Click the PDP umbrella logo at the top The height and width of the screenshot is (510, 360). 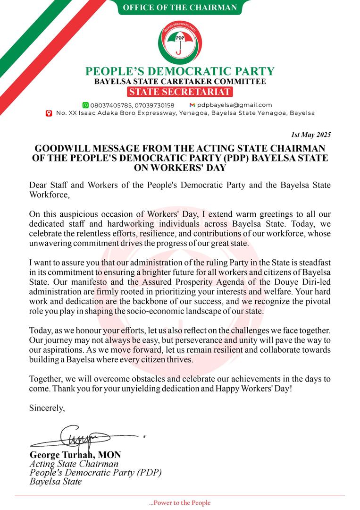pos(179,41)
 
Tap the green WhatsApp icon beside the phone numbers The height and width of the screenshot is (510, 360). pos(85,105)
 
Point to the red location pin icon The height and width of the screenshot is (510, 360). pos(49,113)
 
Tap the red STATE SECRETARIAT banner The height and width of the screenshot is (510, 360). pos(180,92)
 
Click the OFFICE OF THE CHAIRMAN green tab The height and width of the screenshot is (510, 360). pos(180,8)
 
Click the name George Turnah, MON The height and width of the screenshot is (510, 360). pos(75,455)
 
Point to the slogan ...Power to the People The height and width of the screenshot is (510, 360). pos(180,503)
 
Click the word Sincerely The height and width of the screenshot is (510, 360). pos(47,407)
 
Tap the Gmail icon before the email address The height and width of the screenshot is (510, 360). pos(192,105)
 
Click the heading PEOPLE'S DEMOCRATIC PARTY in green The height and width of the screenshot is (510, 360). pos(180,71)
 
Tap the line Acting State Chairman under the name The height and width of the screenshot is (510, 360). pos(67,464)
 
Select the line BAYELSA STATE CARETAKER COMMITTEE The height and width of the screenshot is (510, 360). pos(180,82)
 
